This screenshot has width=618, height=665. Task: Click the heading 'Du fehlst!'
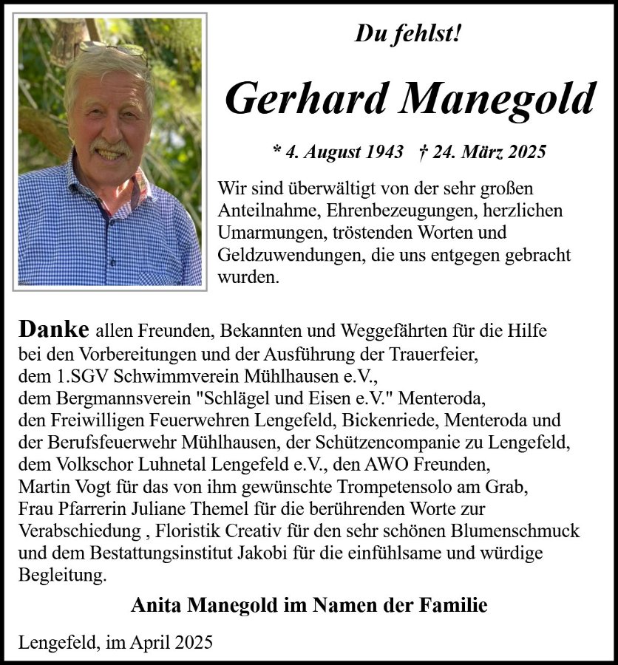[x=408, y=33]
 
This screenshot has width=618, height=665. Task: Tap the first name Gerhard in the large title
[x=305, y=98]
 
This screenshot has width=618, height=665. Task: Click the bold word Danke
[x=54, y=329]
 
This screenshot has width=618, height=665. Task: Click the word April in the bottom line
[x=150, y=642]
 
